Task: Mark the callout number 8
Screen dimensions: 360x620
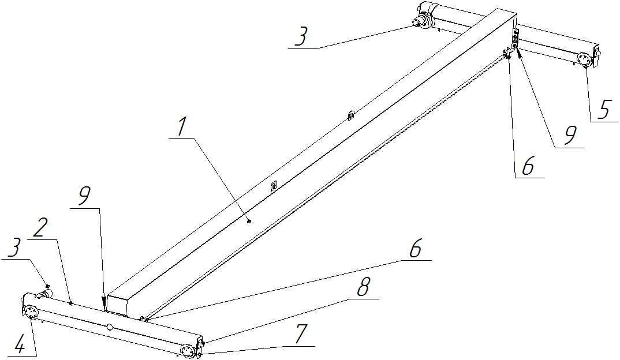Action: [363, 288]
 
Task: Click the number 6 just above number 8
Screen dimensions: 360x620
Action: [416, 249]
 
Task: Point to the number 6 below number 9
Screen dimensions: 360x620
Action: [528, 167]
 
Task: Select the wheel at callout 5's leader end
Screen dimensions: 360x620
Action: [584, 59]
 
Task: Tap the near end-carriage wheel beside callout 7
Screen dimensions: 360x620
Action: [188, 351]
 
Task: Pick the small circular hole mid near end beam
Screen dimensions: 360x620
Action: [110, 327]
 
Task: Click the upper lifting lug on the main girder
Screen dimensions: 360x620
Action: [350, 115]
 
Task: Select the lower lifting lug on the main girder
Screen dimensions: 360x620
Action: [274, 186]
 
